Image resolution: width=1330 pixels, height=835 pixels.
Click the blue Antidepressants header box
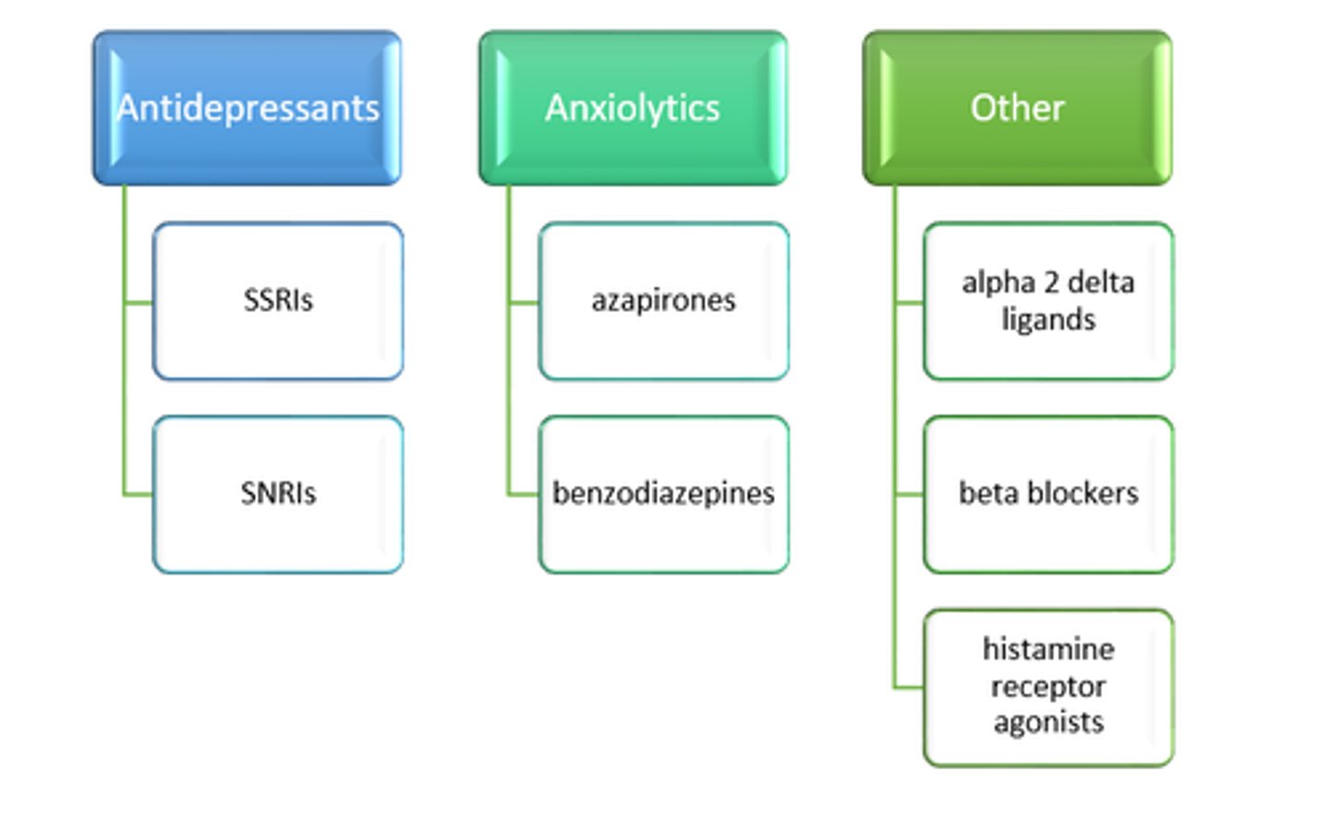point(247,108)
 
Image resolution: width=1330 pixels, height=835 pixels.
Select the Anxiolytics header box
point(633,108)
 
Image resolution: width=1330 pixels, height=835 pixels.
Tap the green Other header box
point(1017,108)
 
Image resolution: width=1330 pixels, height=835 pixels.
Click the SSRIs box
point(278,301)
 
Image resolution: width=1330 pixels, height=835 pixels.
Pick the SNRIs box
point(278,494)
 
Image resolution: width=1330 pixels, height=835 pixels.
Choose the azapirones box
point(663,301)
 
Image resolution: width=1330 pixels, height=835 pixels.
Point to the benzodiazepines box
point(663,494)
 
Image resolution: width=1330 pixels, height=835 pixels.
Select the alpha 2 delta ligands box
point(1048,301)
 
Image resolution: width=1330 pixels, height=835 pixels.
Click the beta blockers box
point(1048,494)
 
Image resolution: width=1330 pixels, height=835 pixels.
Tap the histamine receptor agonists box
point(1048,687)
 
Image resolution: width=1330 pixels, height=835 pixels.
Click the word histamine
point(1048,649)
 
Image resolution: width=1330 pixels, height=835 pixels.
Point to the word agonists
point(1048,722)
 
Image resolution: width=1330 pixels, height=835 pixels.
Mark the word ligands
point(1048,320)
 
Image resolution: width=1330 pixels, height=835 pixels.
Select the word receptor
point(1048,686)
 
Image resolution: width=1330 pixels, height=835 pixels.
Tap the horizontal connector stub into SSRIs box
point(139,302)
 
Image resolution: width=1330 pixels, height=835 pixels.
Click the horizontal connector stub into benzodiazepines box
point(524,495)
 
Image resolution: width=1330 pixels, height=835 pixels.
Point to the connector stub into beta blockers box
point(909,495)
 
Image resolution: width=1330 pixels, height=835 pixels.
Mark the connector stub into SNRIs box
point(139,495)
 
